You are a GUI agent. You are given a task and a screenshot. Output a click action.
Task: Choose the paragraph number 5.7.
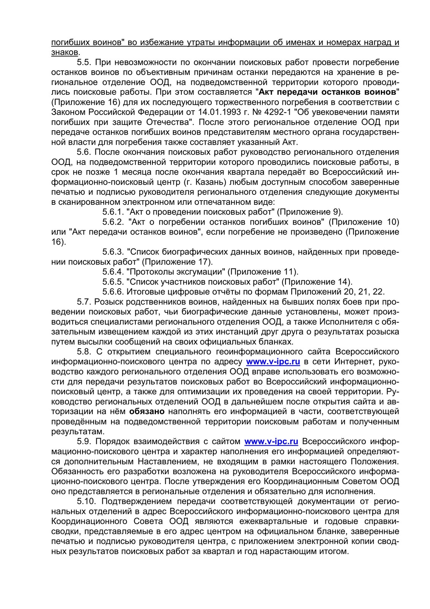point(83,302)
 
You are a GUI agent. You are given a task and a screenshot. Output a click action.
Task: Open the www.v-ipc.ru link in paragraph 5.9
point(271,442)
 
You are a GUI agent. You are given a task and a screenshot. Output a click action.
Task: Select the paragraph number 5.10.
point(87,501)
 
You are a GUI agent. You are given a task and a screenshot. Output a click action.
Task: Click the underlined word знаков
point(65,52)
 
